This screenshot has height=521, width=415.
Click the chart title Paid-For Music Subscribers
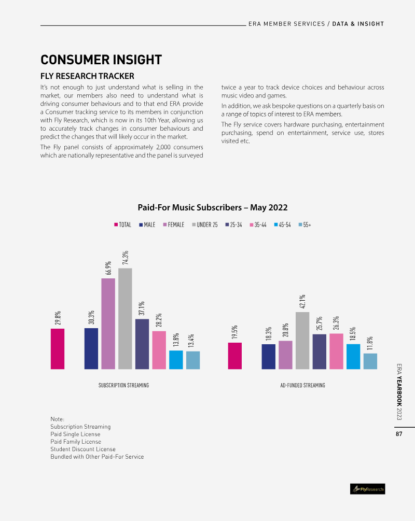pos(212,207)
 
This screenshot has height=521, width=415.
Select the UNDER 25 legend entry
pos(205,225)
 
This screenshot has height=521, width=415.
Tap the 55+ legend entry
pos(306,225)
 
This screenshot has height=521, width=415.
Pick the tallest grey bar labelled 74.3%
pos(125,318)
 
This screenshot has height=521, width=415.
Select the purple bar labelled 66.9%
pos(108,323)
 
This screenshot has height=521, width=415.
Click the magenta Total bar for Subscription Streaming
pos(58,348)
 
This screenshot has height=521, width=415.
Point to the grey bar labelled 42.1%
pos(302,340)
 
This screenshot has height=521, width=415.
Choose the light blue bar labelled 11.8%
pos(370,361)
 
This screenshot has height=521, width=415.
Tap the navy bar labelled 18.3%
pos(268,356)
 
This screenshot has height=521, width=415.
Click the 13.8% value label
pos(176,339)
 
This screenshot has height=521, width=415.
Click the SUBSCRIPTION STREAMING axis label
pos(123,385)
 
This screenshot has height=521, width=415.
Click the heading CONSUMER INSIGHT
pos(101,60)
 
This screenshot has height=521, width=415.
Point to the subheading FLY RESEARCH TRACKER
pos(87,76)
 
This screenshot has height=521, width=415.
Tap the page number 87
pos(399,434)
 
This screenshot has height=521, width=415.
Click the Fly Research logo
pos(368,489)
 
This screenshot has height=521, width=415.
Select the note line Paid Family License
pos(76,442)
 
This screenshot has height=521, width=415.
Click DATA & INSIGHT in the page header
pos(358,24)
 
